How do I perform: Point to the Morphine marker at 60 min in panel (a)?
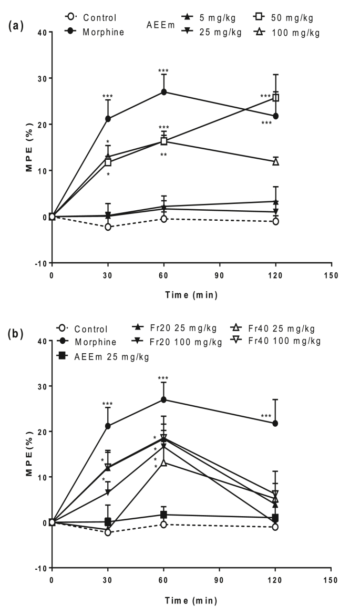(x=164, y=92)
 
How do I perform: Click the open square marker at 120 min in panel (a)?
(x=275, y=98)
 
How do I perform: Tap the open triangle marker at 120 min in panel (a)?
(x=275, y=161)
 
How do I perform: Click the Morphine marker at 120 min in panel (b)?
(x=275, y=423)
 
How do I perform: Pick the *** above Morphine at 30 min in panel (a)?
(x=108, y=96)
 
